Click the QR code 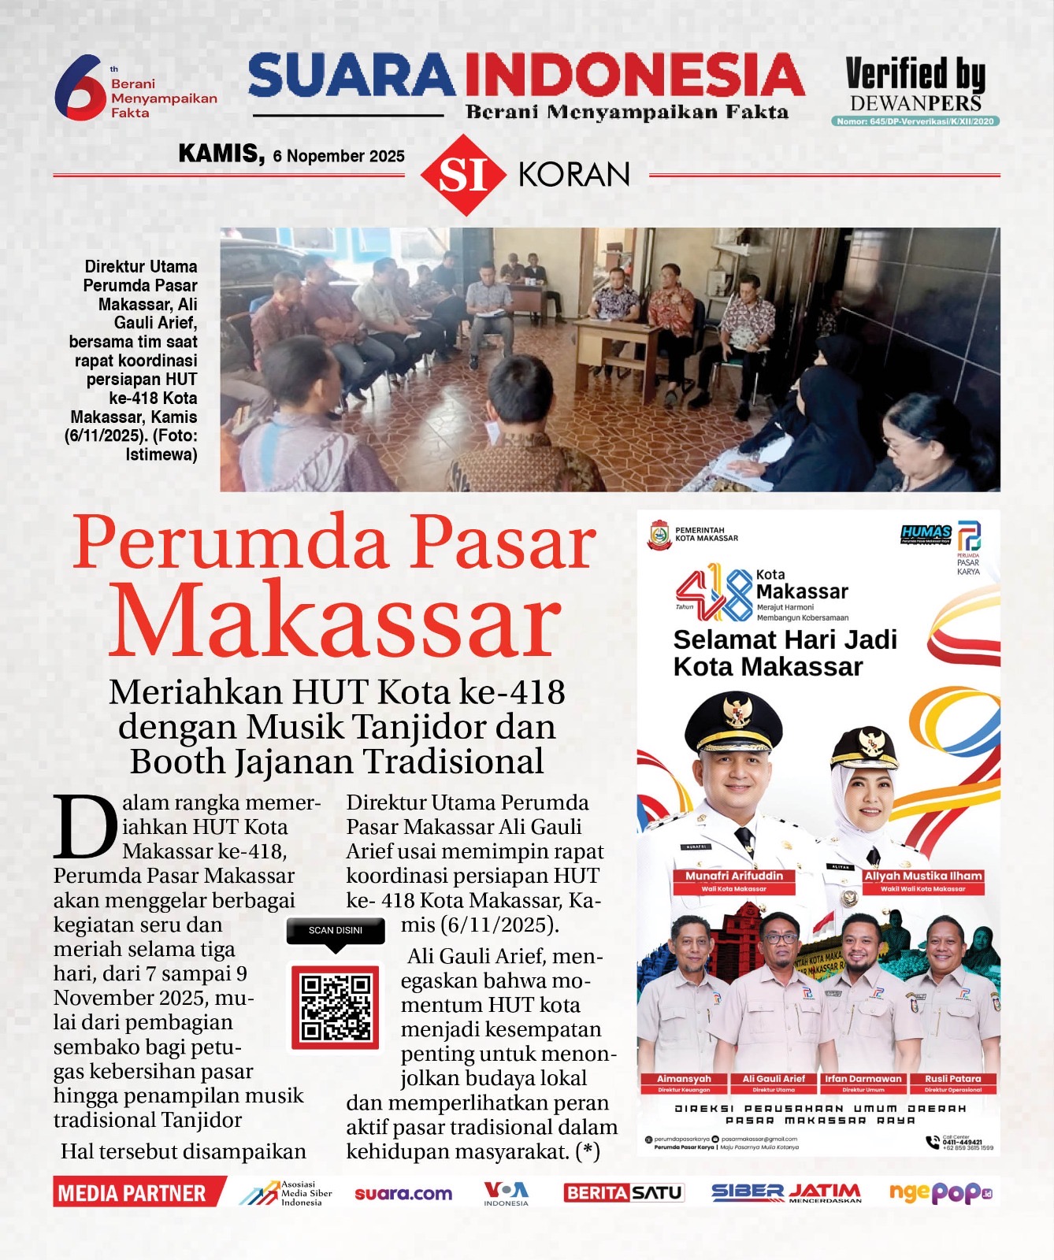336,1007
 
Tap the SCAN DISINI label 336,931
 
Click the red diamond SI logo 462,175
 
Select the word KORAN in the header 574,175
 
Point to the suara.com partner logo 403,1194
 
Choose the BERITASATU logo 623,1193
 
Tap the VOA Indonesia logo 506,1193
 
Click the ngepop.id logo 940,1193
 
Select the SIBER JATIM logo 786,1193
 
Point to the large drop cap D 85,827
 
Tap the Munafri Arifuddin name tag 734,880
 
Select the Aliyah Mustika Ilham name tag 923,880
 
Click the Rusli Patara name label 953,1080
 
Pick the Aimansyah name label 684,1080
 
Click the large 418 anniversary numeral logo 714,592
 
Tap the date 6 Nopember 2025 339,156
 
